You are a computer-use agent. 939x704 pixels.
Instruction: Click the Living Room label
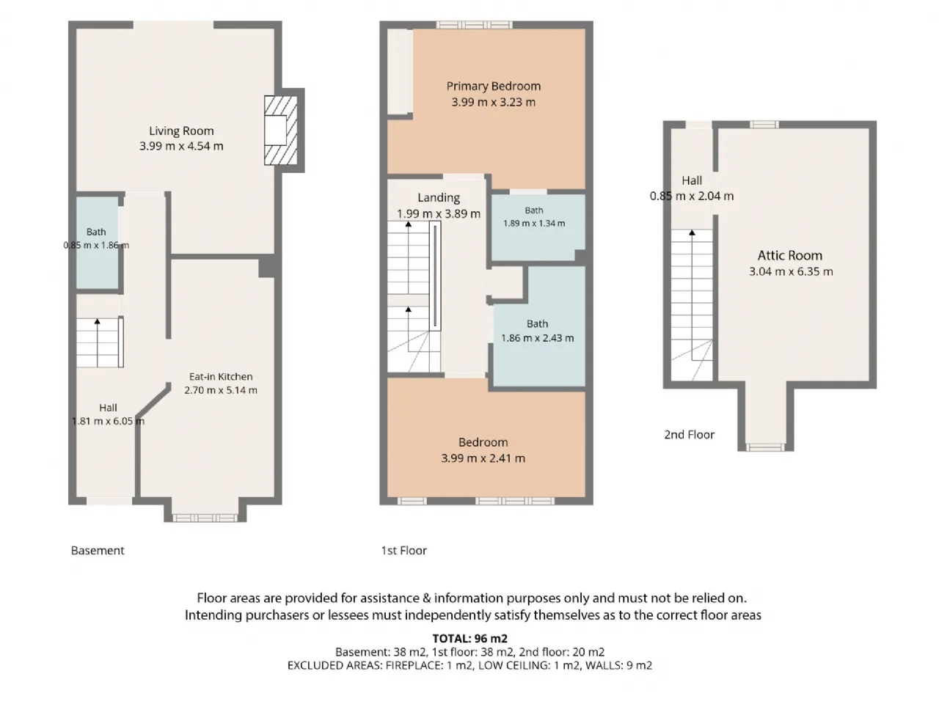[181, 131]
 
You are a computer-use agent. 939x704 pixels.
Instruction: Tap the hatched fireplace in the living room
[281, 131]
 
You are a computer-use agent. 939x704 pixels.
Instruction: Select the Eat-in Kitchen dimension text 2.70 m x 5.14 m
[221, 390]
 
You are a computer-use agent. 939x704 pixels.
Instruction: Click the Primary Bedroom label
[493, 87]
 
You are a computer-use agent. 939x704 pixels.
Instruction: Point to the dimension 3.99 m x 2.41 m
[483, 458]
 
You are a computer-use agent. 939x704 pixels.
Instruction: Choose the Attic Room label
[789, 256]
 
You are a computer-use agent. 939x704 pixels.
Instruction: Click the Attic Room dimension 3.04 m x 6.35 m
[791, 272]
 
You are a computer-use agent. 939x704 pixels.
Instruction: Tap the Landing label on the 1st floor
[439, 198]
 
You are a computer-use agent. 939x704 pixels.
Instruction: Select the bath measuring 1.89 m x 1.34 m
[538, 227]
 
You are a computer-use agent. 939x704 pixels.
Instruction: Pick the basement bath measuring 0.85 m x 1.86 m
[97, 242]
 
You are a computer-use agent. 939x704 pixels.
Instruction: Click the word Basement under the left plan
[98, 550]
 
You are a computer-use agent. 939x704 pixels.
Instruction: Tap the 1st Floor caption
[403, 550]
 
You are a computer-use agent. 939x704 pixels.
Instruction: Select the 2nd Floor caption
[689, 435]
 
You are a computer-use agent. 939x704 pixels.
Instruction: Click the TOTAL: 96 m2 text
[469, 639]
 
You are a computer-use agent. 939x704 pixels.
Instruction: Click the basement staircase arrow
[98, 342]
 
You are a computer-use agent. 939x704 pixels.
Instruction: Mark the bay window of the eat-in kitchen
[205, 518]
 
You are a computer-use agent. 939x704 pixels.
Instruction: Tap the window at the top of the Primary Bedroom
[475, 25]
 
